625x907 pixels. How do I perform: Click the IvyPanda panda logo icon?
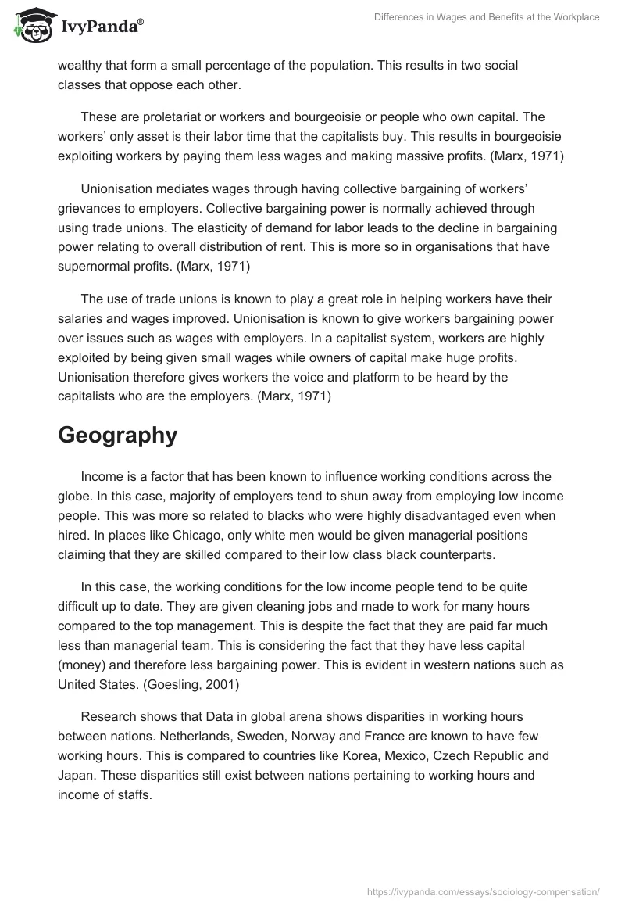[x=30, y=26]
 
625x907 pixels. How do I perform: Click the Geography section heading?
[x=117, y=436]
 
